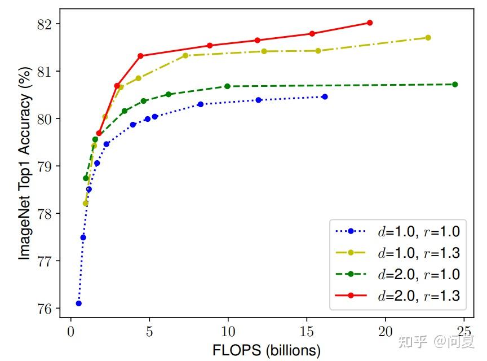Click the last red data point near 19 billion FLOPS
tap(370, 23)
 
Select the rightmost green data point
tap(455, 85)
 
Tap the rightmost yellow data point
tap(428, 38)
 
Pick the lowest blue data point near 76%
tap(78, 303)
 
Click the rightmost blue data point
tap(325, 97)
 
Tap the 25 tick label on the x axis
tap(463, 330)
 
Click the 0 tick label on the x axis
tap(70, 330)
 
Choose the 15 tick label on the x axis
tap(306, 330)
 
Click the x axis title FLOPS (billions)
tap(267, 350)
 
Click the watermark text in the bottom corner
tap(436, 341)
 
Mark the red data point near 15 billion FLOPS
tap(312, 34)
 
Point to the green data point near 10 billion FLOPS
tap(228, 86)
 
